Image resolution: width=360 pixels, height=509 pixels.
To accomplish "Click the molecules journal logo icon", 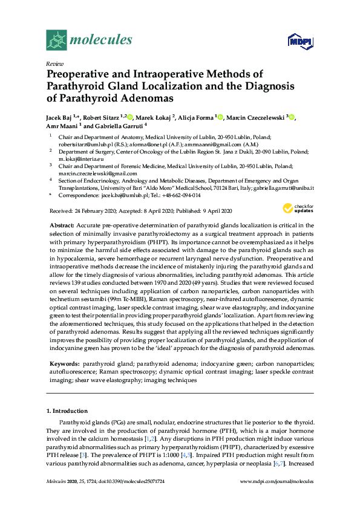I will [57, 40].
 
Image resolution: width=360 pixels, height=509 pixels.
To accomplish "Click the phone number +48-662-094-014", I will [175, 196].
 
